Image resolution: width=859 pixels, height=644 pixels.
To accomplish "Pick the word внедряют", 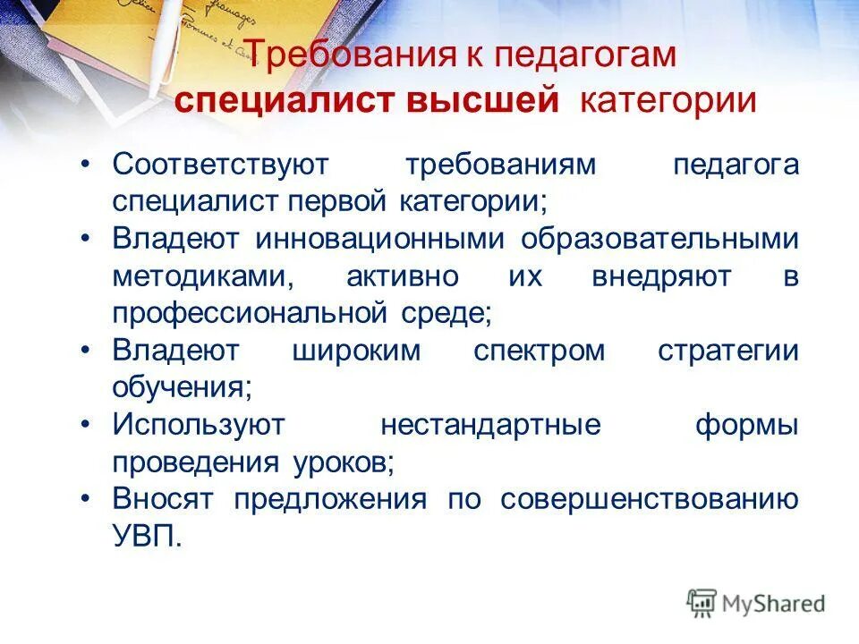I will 661,276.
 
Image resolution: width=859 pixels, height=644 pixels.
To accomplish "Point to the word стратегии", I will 727,351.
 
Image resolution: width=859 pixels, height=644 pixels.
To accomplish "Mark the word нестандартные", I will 490,425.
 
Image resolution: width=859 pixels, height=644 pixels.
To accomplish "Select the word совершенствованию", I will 649,499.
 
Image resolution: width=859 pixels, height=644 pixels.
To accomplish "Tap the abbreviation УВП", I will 147,536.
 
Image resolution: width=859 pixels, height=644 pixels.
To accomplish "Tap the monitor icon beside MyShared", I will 702,603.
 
